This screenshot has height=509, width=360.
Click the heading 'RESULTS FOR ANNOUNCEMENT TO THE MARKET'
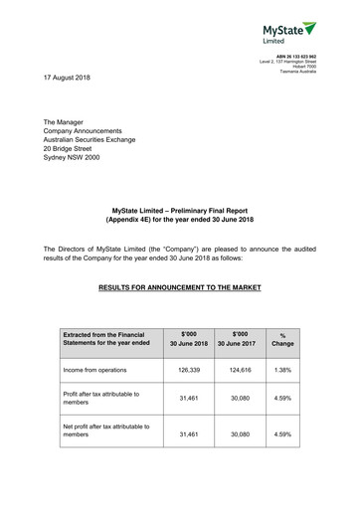(x=180, y=287)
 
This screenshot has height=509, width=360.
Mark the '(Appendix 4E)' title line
(x=180, y=216)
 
